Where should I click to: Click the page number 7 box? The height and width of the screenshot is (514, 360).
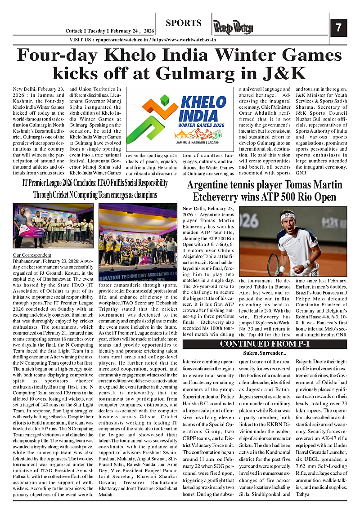point(338,28)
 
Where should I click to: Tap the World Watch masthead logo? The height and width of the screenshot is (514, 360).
point(233,28)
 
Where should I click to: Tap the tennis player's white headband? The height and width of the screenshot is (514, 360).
point(288,216)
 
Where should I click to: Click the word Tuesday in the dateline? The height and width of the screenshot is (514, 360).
point(99,31)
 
